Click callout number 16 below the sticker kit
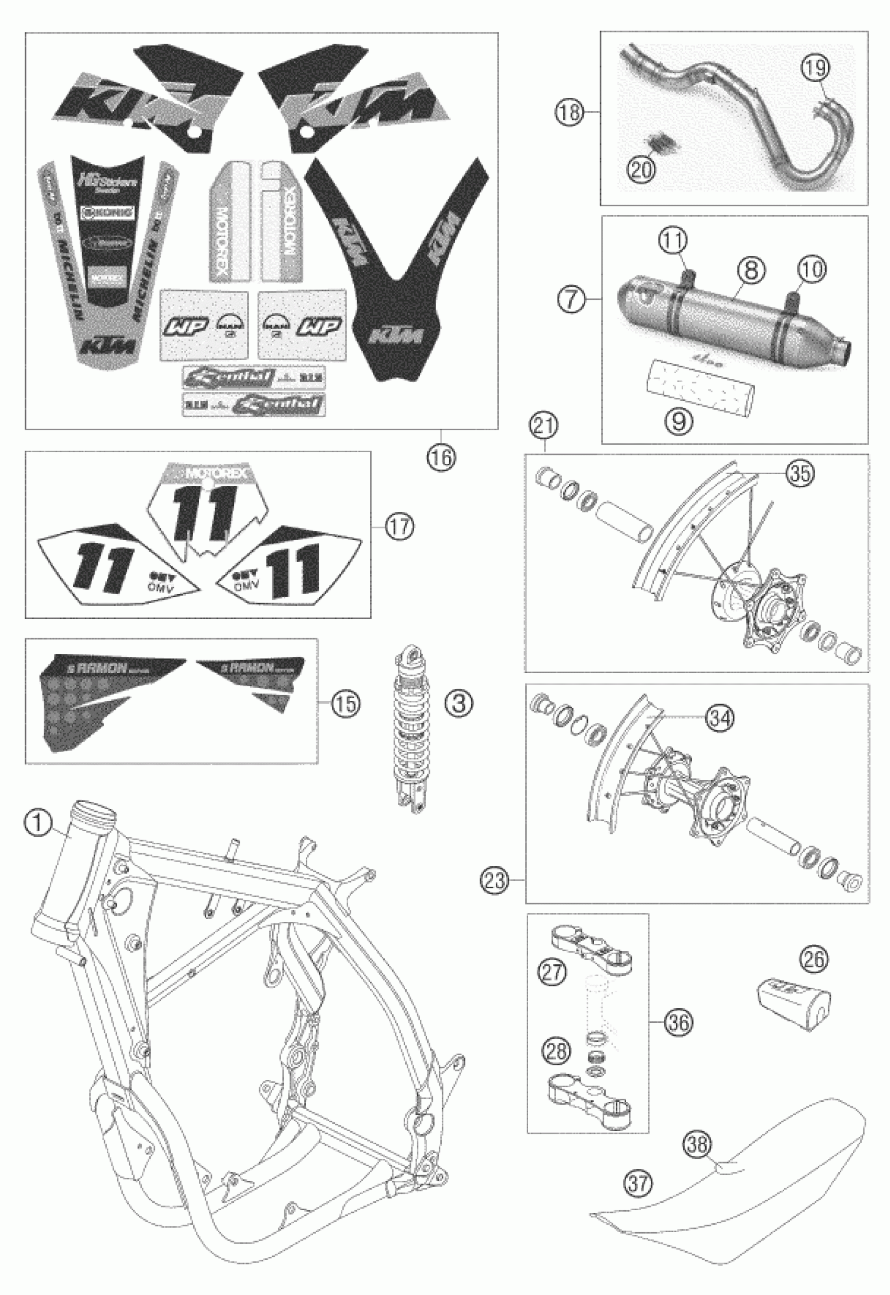(x=442, y=457)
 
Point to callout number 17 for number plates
(x=400, y=527)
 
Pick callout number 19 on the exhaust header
(x=815, y=68)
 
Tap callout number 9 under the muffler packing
(x=678, y=422)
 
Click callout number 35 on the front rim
(x=799, y=473)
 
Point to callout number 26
(x=814, y=959)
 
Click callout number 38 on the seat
(x=697, y=1144)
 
